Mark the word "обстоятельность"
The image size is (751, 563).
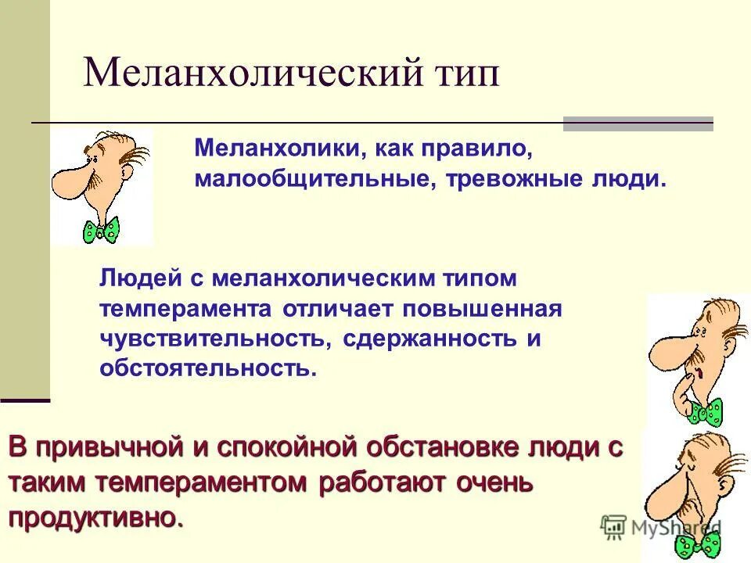pos(208,368)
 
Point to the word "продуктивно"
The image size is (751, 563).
pos(97,517)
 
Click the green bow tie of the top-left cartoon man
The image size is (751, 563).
pos(102,229)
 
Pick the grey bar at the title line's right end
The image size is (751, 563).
pos(638,124)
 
